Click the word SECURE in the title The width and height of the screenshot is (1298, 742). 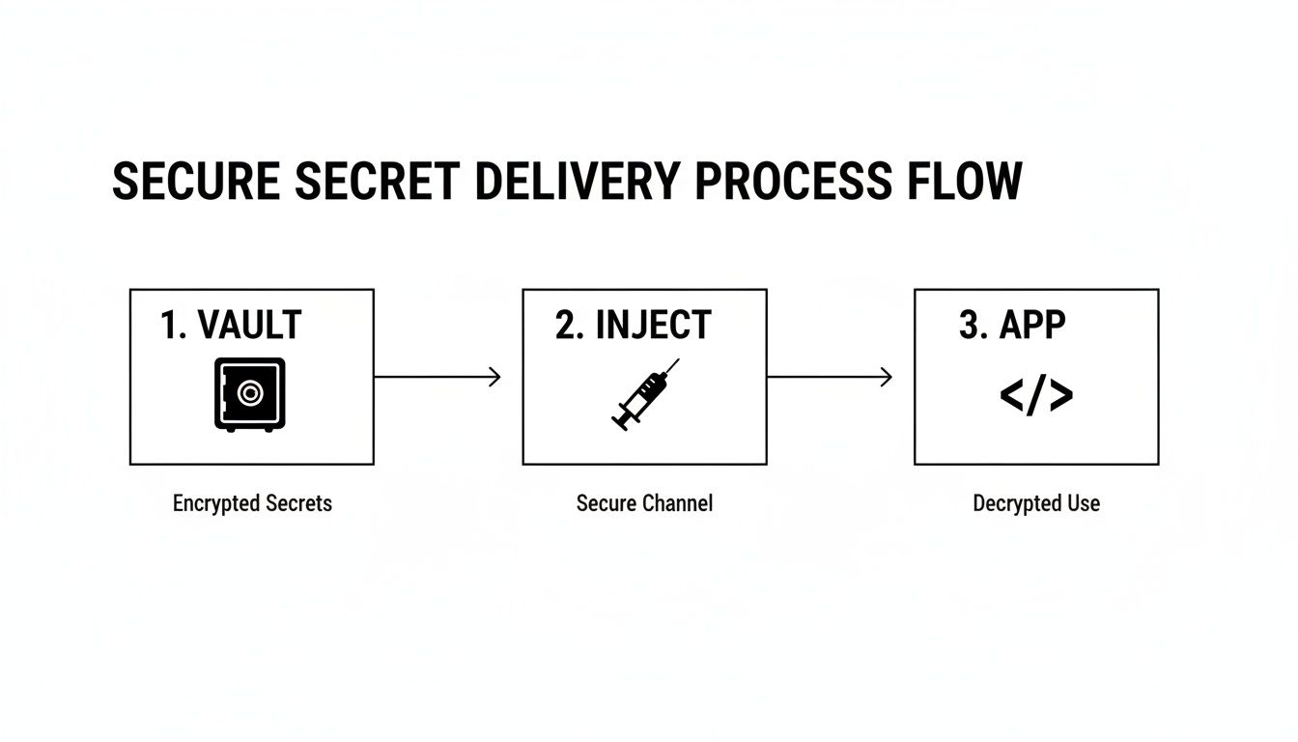pos(196,182)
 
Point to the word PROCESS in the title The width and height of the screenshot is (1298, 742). pos(793,182)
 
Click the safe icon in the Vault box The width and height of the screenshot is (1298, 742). pos(249,393)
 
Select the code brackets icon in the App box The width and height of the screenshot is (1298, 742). pos(1035,395)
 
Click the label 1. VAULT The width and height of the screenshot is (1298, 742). pos(231,326)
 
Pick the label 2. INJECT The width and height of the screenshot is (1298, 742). pos(633,326)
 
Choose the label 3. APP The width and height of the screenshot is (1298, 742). pos(1011,326)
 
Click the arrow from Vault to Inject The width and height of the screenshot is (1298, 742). pos(437,377)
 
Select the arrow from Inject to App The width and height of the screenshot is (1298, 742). pos(829,377)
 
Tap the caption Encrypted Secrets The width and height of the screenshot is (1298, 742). pos(252,503)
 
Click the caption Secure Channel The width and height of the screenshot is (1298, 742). pos(644,503)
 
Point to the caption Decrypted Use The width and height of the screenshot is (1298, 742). pos(1036,503)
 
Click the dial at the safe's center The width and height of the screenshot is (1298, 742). pos(249,392)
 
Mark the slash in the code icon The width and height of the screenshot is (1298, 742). pos(1035,395)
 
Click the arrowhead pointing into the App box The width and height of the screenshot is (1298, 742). pos(886,377)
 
